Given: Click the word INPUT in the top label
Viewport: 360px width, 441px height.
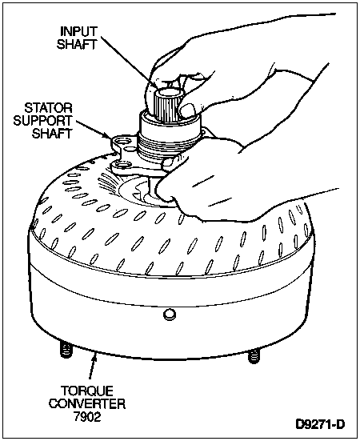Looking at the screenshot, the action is (79, 31).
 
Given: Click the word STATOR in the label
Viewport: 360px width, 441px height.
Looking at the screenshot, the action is (49, 108).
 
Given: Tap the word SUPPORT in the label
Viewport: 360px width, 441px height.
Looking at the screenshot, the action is (43, 121).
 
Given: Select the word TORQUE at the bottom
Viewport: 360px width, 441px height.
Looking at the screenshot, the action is (87, 391).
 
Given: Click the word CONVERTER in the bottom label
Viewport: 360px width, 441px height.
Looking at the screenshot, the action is (87, 404).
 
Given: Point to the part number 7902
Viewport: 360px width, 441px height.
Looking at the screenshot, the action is (87, 416).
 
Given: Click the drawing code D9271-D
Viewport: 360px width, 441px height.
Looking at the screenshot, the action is (320, 424).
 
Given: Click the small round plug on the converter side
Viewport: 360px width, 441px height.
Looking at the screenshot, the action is (170, 314).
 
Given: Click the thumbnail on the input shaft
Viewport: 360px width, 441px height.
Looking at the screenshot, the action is (188, 110).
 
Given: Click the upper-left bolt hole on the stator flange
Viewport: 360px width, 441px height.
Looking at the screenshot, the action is (123, 141).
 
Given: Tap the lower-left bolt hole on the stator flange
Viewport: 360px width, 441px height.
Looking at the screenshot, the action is (121, 165).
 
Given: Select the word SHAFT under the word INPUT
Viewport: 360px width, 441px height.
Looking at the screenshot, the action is (77, 45).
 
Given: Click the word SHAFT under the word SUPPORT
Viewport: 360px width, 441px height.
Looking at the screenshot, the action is (52, 134).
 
